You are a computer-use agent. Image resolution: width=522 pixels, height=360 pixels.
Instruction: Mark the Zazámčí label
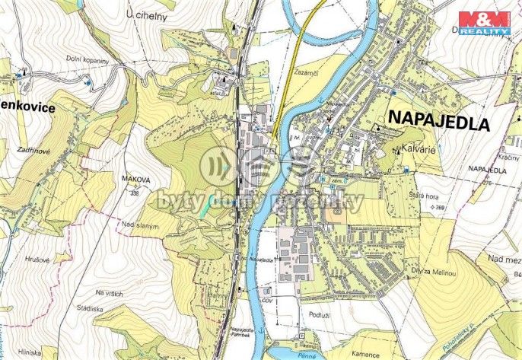click(x=304, y=71)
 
